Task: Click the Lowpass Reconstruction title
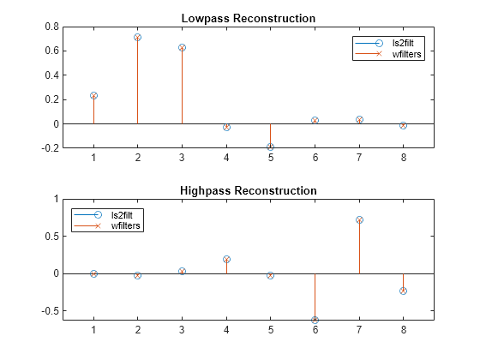pyautogui.click(x=248, y=18)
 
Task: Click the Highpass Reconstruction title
pyautogui.click(x=248, y=190)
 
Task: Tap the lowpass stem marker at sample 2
pyautogui.click(x=137, y=37)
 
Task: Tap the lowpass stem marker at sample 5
pyautogui.click(x=270, y=147)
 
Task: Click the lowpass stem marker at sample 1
pyautogui.click(x=93, y=96)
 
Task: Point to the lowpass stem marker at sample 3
pyautogui.click(x=182, y=47)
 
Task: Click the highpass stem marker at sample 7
pyautogui.click(x=359, y=219)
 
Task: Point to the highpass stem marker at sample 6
pyautogui.click(x=315, y=320)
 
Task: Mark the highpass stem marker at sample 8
pyautogui.click(x=403, y=291)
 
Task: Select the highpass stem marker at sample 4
pyautogui.click(x=226, y=259)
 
